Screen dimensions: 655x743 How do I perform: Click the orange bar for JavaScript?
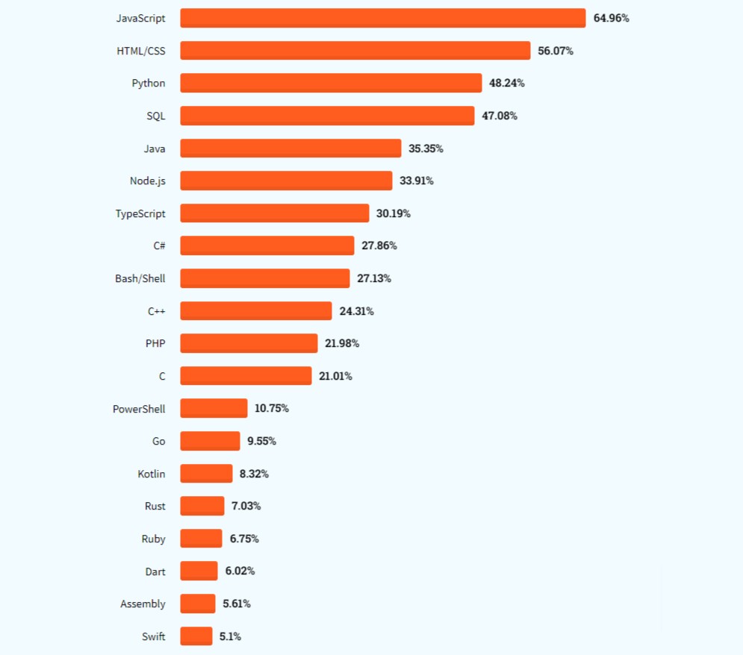point(382,18)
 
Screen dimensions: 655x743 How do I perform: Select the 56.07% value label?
point(556,51)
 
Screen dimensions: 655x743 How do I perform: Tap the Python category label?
point(149,83)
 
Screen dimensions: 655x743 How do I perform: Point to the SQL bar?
point(327,116)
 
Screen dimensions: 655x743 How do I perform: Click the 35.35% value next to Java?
point(426,148)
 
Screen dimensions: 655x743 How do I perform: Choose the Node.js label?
point(148,181)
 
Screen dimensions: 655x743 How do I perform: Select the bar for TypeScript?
point(274,213)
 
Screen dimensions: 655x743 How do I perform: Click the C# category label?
point(159,245)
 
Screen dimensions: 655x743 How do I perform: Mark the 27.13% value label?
point(374,278)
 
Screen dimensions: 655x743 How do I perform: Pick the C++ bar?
point(255,310)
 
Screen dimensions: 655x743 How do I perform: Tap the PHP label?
point(155,343)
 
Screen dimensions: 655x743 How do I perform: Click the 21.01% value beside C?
point(335,376)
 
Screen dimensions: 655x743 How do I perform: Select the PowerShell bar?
point(214,408)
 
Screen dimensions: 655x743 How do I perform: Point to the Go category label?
point(159,441)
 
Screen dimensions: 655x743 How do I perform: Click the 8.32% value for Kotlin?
point(254,474)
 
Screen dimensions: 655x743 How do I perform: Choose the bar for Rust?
point(202,506)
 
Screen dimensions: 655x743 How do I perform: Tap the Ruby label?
point(153,539)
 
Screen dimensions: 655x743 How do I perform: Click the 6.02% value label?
point(240,571)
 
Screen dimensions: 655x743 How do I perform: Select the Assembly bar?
point(197,604)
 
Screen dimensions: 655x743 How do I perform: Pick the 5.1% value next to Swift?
point(230,636)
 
